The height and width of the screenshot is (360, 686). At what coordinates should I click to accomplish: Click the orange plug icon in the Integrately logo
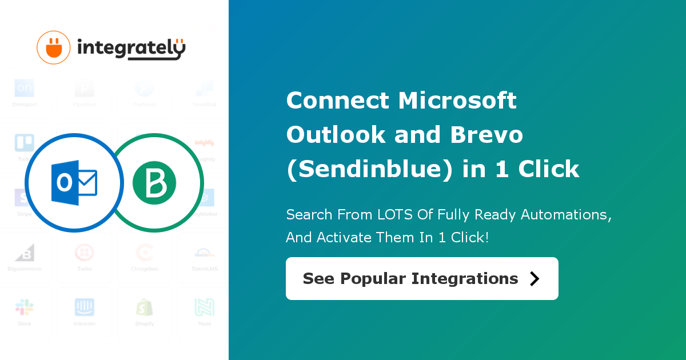(53, 47)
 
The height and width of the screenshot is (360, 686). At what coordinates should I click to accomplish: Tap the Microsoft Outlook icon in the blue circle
(74, 182)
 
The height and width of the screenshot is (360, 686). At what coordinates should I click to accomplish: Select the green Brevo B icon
(154, 183)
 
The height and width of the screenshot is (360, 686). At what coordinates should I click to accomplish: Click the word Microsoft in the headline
(457, 101)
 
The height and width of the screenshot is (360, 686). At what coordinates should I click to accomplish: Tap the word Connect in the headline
(337, 101)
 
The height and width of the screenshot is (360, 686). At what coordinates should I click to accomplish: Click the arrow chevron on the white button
(535, 278)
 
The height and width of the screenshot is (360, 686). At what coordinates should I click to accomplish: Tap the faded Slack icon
(25, 307)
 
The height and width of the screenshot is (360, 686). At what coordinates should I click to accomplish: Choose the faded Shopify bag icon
(144, 307)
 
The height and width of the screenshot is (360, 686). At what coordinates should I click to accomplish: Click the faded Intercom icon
(85, 307)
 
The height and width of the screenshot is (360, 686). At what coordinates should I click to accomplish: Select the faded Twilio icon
(85, 253)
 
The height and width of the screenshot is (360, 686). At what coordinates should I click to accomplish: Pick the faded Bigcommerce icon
(25, 253)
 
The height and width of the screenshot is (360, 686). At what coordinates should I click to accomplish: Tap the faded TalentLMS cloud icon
(204, 253)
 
